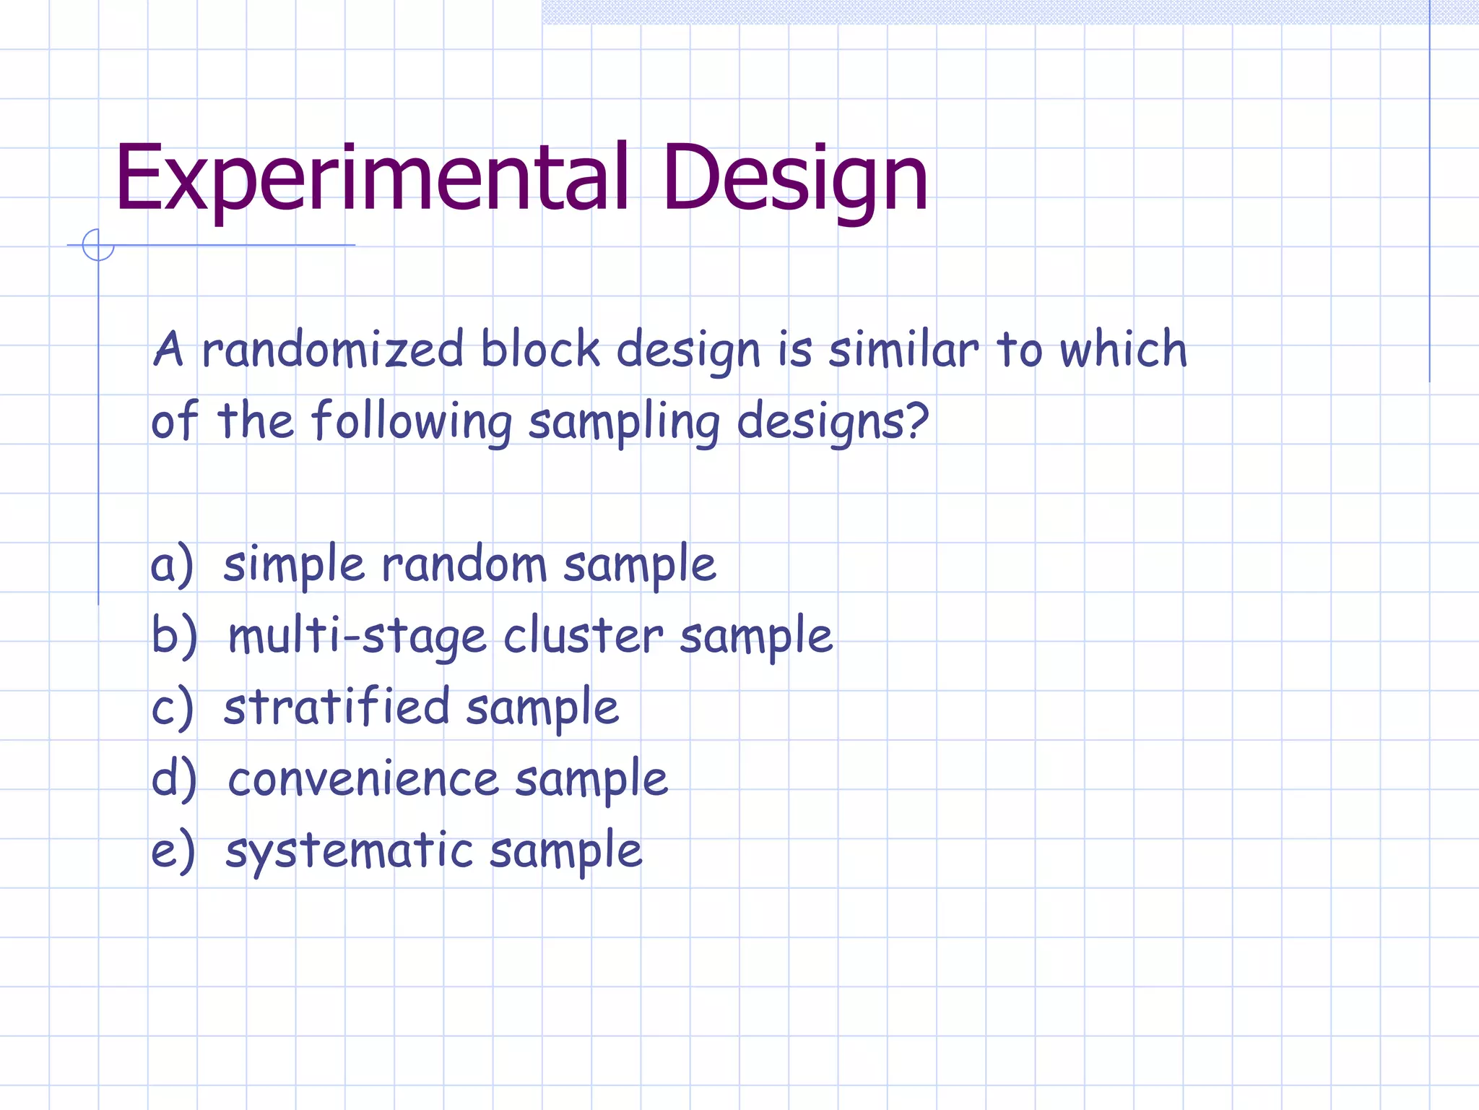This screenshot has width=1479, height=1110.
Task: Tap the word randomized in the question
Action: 332,350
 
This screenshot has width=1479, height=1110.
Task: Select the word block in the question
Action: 540,350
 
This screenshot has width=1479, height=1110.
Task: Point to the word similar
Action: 903,350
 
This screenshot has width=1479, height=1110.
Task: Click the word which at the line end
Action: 1123,350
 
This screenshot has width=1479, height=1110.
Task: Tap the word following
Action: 412,421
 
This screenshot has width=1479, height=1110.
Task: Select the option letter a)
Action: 172,565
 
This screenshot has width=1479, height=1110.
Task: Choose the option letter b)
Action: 173,636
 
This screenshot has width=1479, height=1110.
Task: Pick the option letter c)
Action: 172,708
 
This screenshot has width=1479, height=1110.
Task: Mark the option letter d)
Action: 173,779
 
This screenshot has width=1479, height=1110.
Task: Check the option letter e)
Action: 172,851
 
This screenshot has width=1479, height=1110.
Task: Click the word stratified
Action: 337,707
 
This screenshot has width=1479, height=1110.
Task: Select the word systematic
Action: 349,851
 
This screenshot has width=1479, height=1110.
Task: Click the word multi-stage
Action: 357,636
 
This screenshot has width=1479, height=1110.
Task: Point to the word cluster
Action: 582,636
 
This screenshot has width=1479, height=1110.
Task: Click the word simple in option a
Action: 294,565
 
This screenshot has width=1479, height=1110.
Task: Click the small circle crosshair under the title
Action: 98,245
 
